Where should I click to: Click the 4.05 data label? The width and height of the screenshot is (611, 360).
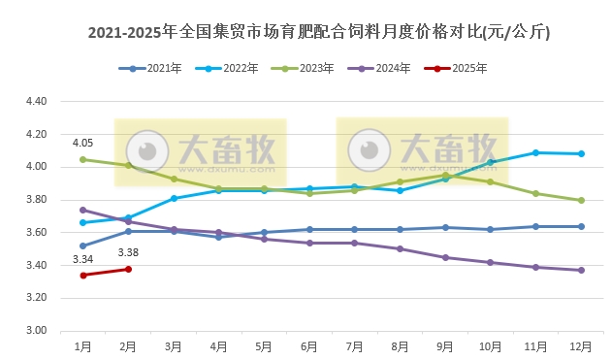tap(83, 143)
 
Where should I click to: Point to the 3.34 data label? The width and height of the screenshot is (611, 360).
tap(83, 259)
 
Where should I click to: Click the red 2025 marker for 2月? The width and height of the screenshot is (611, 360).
tap(128, 269)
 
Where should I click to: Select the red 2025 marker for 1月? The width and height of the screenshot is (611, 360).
tap(83, 276)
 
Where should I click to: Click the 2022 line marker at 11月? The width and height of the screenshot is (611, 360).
tap(535, 152)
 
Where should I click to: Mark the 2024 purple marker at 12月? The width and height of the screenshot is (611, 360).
tap(581, 270)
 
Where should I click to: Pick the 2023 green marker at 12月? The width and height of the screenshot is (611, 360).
tap(581, 200)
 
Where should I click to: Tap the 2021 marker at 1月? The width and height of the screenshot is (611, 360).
tap(83, 245)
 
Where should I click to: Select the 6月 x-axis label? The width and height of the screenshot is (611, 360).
tap(309, 345)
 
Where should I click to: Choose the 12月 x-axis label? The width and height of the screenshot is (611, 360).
tap(581, 345)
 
